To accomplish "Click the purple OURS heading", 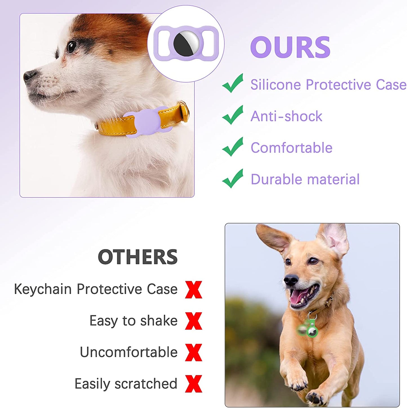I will click(x=290, y=47).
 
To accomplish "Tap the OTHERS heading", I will click(x=138, y=257).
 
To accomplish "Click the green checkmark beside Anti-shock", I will click(x=233, y=115).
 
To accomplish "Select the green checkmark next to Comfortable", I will click(x=233, y=147).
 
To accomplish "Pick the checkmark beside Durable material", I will click(x=233, y=179).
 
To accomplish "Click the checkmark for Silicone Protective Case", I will click(x=233, y=83).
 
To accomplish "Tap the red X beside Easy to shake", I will click(x=194, y=321).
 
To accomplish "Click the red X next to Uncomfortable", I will click(x=194, y=352).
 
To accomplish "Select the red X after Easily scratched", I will click(x=194, y=384).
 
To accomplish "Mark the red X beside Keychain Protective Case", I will click(x=194, y=290).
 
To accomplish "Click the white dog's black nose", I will click(x=29, y=76).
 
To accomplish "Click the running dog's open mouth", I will click(x=303, y=297).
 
